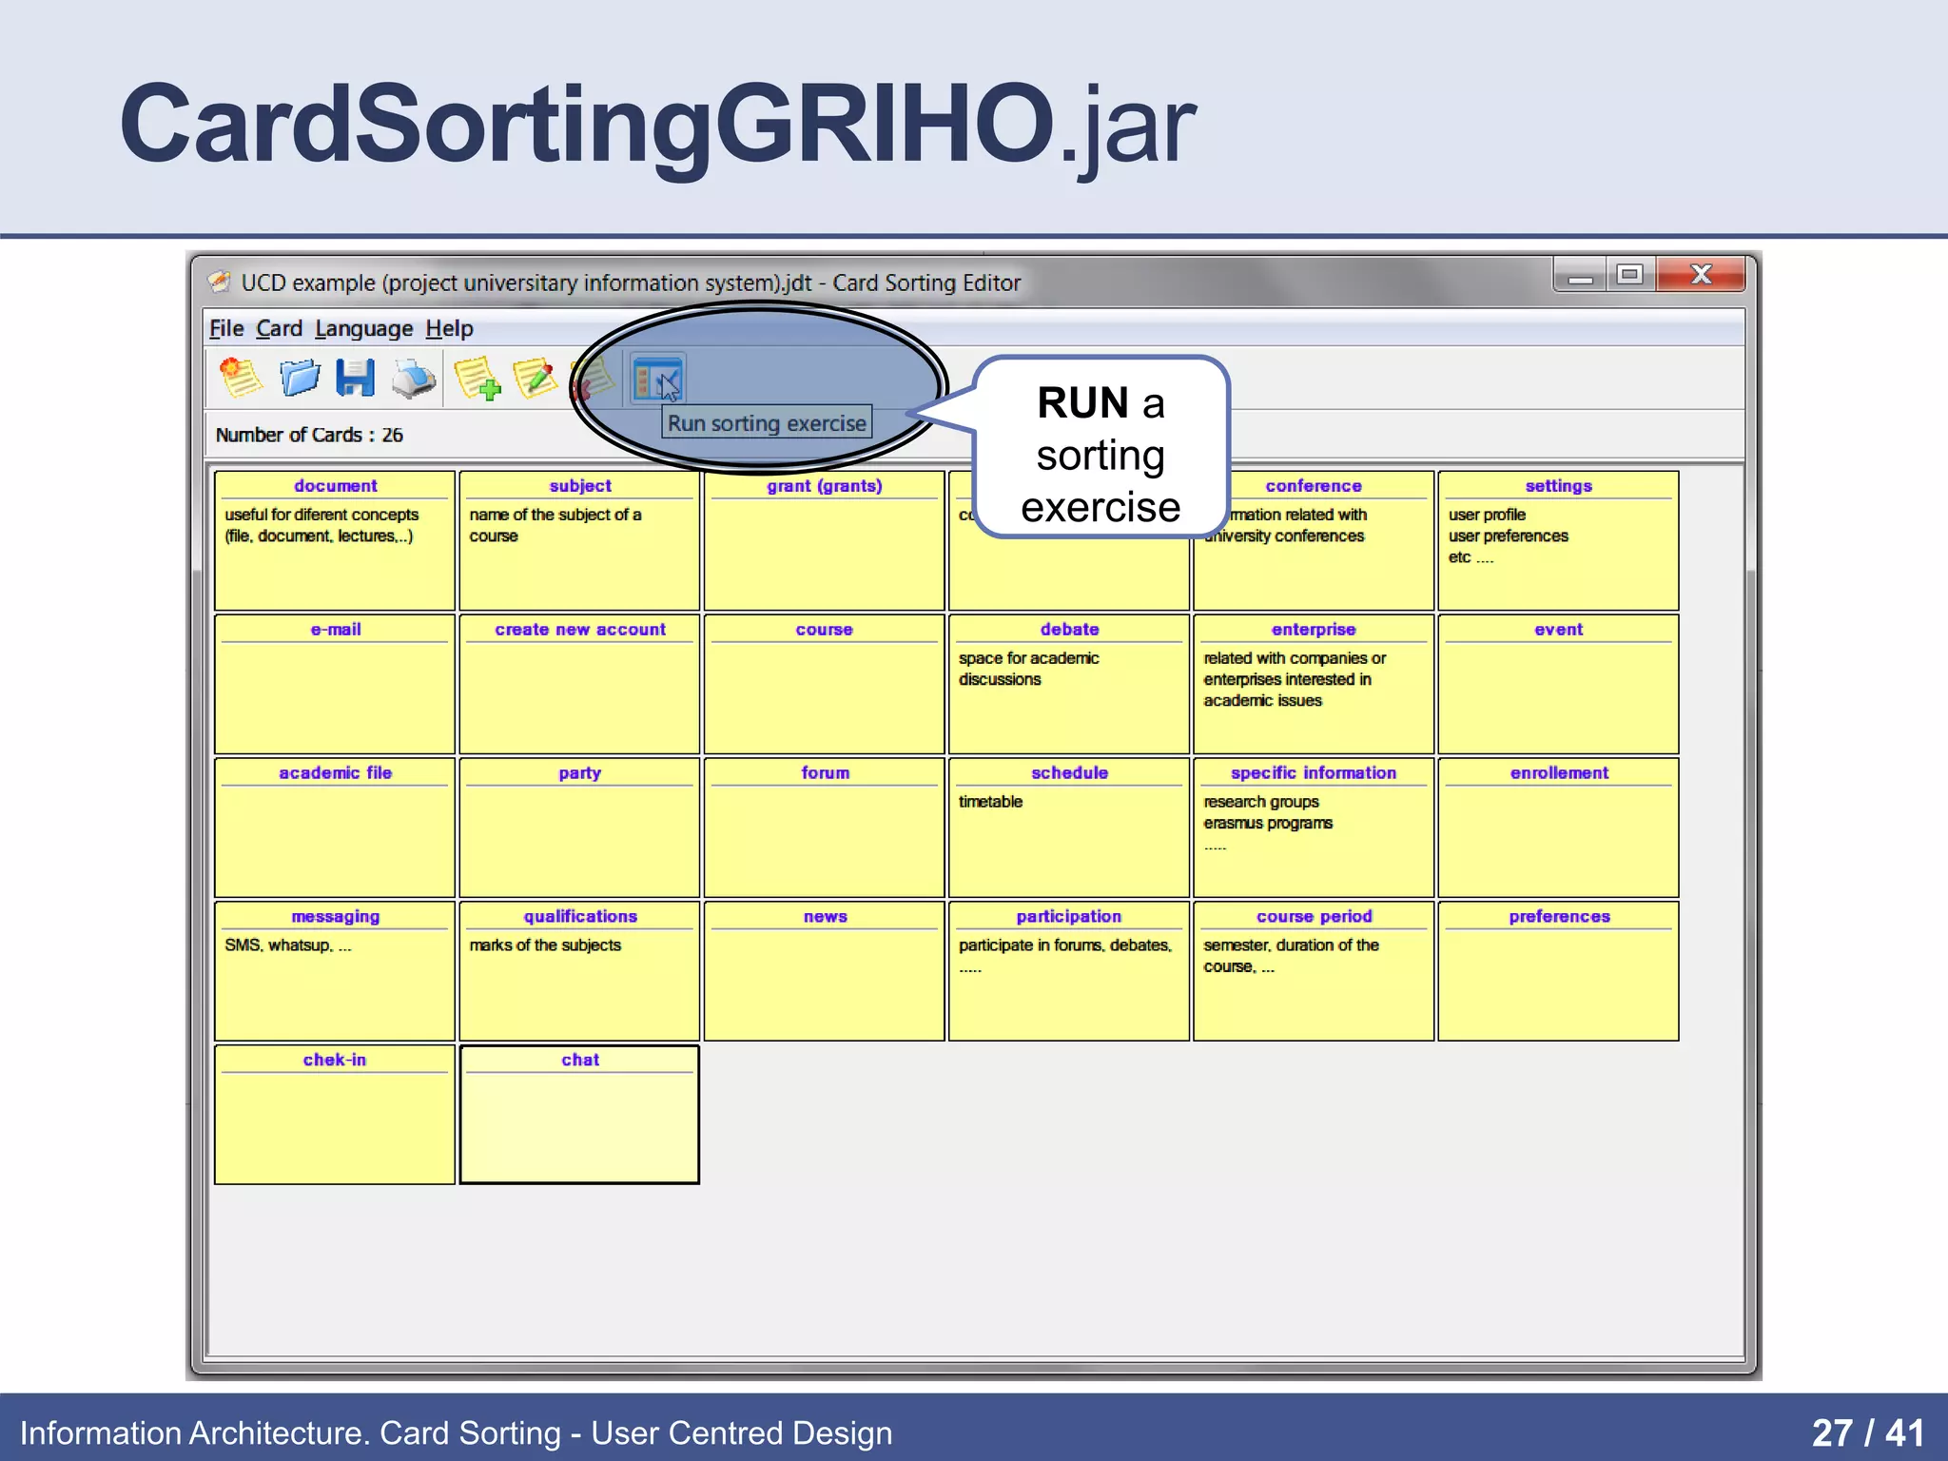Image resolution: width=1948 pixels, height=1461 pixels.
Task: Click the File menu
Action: coord(226,329)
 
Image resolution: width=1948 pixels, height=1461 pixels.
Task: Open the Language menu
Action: coord(363,329)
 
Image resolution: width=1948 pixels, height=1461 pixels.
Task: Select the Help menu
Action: coord(449,329)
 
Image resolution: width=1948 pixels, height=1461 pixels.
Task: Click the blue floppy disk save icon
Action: coord(356,379)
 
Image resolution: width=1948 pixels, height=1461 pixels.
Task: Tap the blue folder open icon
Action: coord(300,379)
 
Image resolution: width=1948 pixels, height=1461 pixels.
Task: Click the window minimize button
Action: coord(1580,276)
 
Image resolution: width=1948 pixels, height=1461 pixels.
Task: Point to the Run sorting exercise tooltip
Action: coord(767,423)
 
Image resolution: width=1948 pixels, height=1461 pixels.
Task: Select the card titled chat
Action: coord(579,1114)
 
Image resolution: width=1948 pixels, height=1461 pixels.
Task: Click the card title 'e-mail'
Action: coord(336,630)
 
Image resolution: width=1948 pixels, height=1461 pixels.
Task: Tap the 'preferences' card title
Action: coord(1559,917)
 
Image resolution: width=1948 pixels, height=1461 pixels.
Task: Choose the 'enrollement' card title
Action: coord(1559,773)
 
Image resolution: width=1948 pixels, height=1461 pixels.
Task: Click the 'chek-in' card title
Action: coord(335,1061)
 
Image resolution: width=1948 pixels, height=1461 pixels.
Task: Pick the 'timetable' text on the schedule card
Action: coord(990,802)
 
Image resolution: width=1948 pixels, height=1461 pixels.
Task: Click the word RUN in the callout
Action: coord(1082,403)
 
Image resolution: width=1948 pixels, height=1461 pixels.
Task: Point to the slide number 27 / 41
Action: coord(1867,1432)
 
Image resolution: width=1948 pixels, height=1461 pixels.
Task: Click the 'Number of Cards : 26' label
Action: coord(309,436)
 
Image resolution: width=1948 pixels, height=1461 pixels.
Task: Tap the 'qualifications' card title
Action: coord(580,917)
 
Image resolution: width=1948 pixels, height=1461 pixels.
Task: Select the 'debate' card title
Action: coord(1069,630)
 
